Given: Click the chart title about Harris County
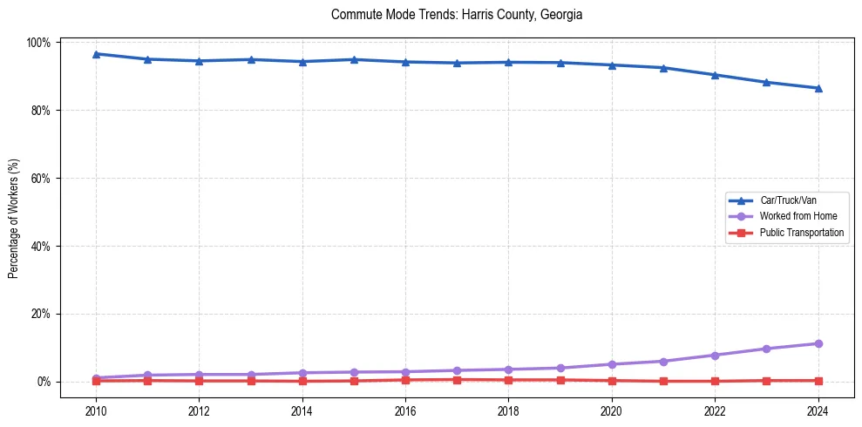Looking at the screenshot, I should coord(457,15).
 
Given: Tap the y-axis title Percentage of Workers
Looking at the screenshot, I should coord(14,212).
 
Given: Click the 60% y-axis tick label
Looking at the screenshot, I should coord(44,179).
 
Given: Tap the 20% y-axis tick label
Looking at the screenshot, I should coord(44,314).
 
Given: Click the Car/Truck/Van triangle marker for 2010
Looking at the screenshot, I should coord(96,54).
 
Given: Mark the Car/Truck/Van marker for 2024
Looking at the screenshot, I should coord(818,88).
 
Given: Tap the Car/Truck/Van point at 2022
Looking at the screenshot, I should coord(715,75).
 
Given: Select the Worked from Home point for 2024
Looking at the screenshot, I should coord(818,343).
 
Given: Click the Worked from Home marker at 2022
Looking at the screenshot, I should coord(715,355).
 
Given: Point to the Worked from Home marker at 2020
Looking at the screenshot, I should coord(612,364).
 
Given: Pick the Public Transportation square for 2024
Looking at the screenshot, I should coord(818,381).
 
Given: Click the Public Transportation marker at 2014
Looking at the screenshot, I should coord(302,381).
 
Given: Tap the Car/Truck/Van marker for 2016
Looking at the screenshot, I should coord(405,62).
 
